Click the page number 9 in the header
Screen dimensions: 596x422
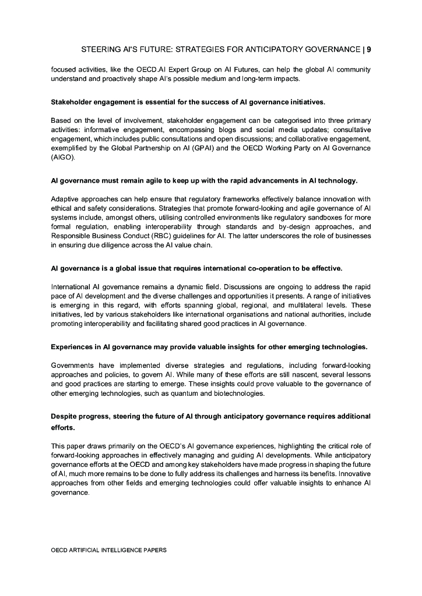(368, 49)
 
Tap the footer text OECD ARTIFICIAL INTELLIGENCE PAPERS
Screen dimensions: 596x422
(108, 549)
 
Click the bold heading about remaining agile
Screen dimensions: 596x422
(204, 180)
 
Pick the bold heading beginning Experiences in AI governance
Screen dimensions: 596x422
(209, 347)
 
